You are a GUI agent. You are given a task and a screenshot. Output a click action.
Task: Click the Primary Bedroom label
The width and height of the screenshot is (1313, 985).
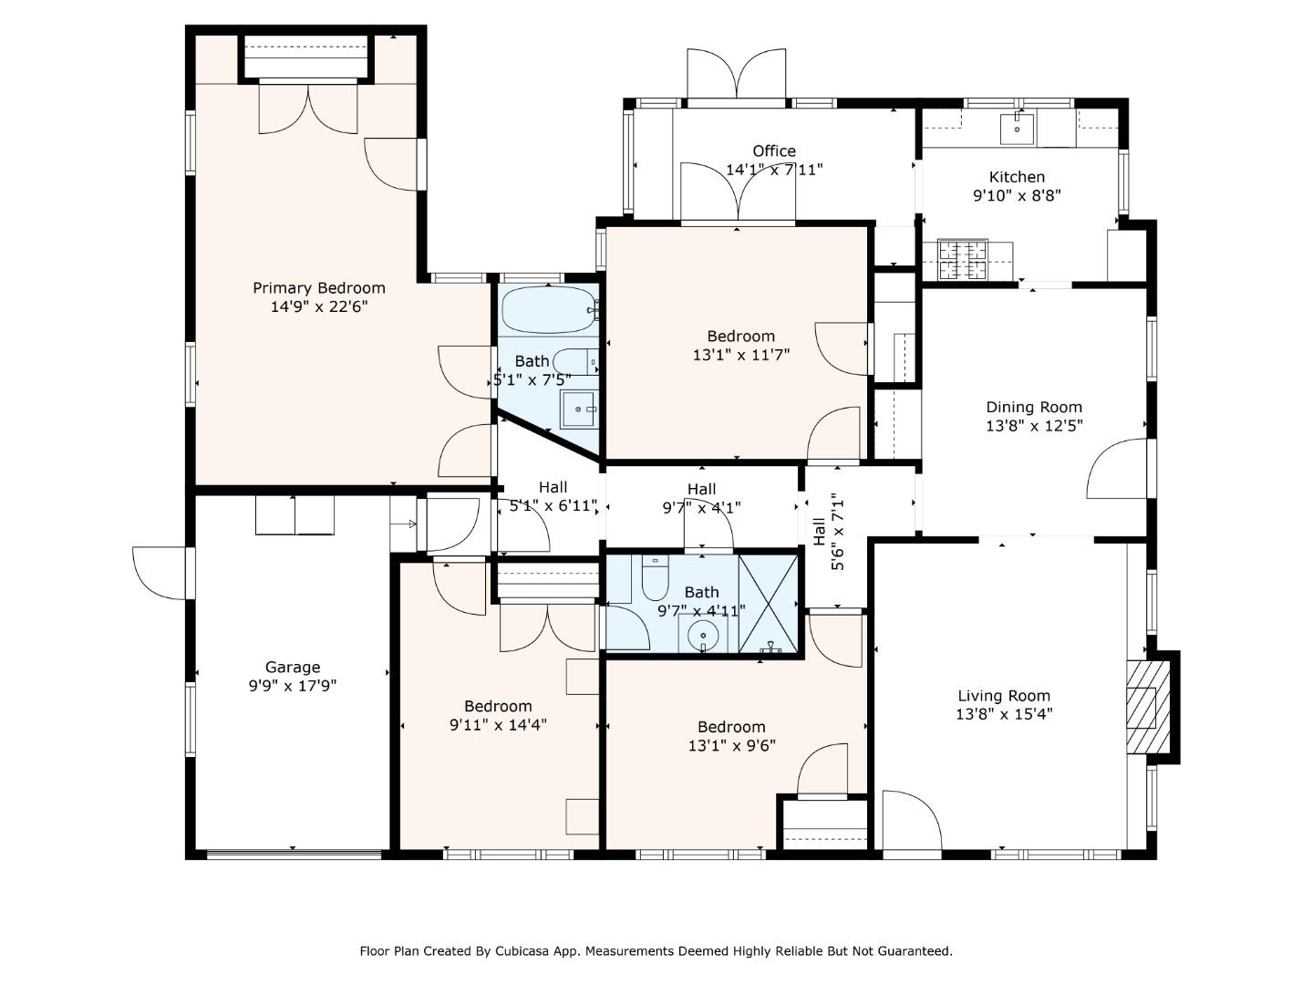tap(318, 288)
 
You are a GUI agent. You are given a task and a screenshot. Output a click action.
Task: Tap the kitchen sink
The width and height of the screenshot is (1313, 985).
tap(1017, 130)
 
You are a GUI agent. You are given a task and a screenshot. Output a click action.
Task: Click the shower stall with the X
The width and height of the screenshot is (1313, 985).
tap(770, 603)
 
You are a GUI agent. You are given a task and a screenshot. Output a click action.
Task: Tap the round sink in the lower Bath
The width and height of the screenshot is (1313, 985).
tap(703, 635)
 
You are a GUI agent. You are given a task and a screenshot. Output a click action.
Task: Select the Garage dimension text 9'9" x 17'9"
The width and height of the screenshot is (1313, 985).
tap(293, 686)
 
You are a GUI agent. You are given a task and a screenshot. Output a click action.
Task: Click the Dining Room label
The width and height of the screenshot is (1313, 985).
tap(1034, 408)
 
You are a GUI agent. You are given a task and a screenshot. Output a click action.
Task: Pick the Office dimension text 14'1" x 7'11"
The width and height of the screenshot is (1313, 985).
tap(774, 170)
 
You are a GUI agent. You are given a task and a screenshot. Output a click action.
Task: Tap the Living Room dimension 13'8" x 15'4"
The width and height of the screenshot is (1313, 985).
tap(1004, 714)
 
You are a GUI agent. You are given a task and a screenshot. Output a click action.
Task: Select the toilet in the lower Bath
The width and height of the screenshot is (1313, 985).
tap(656, 576)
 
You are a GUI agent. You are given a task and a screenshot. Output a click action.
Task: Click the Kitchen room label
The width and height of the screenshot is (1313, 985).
tap(1017, 177)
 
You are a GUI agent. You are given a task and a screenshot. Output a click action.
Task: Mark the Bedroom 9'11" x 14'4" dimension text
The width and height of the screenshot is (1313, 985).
tap(498, 725)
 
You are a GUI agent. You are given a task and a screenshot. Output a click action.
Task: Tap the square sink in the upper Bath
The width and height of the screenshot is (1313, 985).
tap(578, 410)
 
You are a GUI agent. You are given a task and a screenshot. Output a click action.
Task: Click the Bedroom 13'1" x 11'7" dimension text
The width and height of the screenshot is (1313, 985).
tap(740, 355)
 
